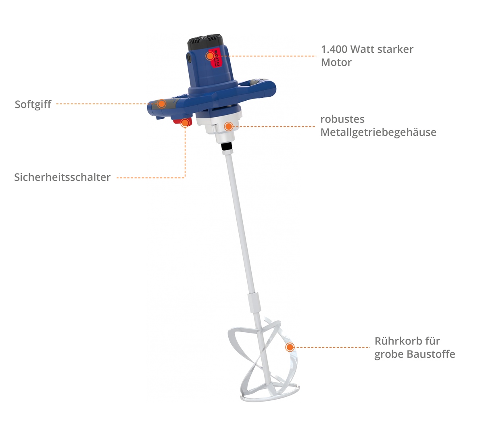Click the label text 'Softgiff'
click(x=33, y=105)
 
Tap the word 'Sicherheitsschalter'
click(x=63, y=177)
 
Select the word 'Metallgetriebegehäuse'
click(x=378, y=133)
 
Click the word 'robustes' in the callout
click(x=342, y=119)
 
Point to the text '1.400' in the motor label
click(x=334, y=50)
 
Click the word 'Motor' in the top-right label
click(x=336, y=62)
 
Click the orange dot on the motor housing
click(x=210, y=56)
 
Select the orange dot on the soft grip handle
click(x=161, y=104)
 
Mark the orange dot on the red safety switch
click(x=185, y=123)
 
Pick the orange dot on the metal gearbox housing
click(x=229, y=126)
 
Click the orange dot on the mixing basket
click(x=290, y=347)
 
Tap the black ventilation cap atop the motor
click(x=205, y=42)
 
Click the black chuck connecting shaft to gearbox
click(x=227, y=146)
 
